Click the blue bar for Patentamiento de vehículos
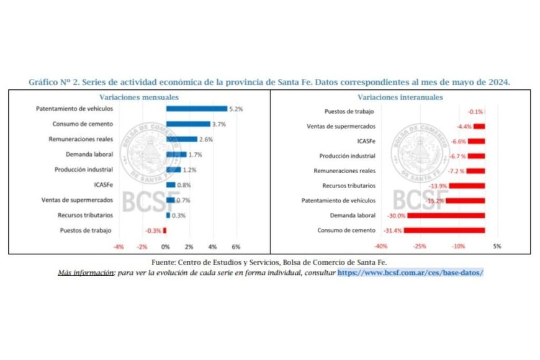coord(197,109)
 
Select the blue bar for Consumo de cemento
coord(188,124)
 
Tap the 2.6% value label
coord(207,139)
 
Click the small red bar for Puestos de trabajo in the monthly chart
coord(164,230)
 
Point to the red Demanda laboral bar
coord(446,215)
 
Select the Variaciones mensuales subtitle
coord(139,97)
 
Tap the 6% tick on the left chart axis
coord(236,246)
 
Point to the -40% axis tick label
coord(380,246)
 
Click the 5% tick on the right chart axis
coord(497,246)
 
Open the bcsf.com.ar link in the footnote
coord(410,273)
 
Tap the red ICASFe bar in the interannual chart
coord(476,141)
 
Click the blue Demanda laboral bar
coord(176,155)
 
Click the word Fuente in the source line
coord(165,263)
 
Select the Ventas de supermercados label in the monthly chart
coord(77,200)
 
